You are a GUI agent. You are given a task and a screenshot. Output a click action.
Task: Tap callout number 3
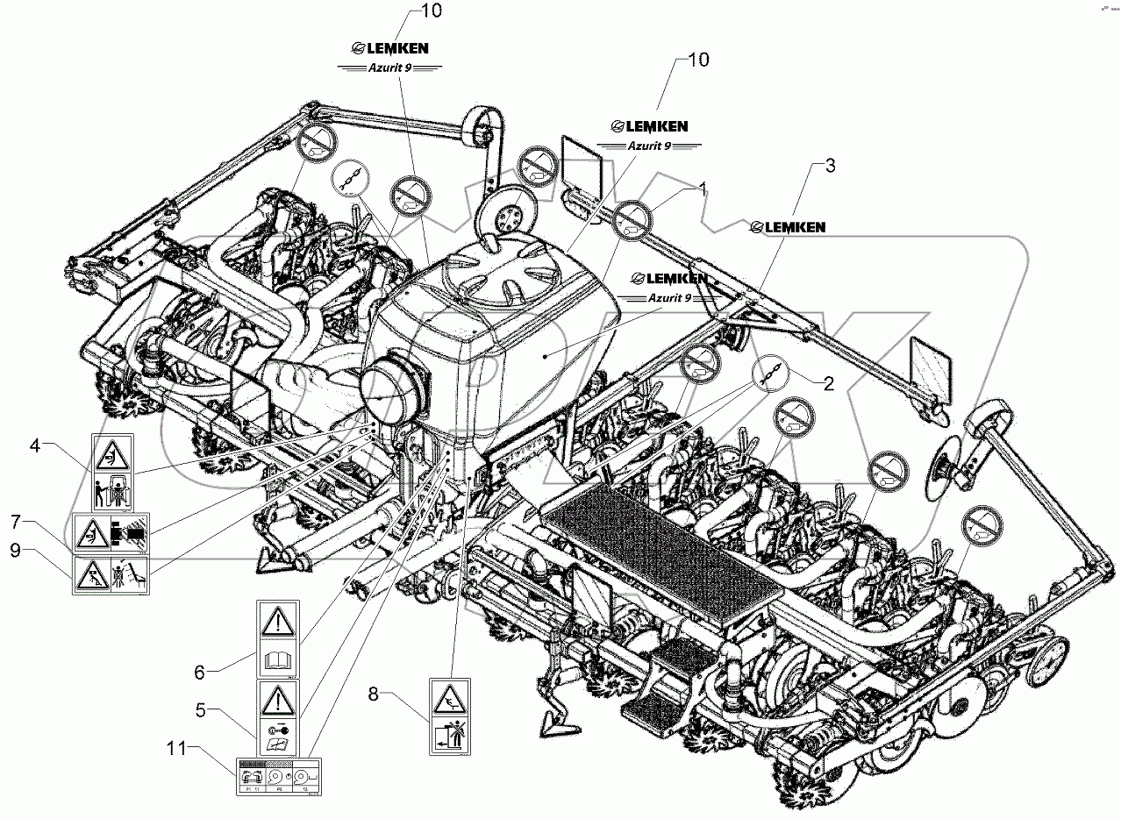click(x=831, y=164)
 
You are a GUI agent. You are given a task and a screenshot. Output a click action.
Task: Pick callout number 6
click(x=200, y=672)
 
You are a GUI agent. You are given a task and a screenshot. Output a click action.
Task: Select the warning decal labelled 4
click(x=111, y=472)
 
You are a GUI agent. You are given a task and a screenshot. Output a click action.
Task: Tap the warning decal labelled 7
click(x=111, y=533)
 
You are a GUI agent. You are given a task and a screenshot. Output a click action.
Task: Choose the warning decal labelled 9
click(x=111, y=575)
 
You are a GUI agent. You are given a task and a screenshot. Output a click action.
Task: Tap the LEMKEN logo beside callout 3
click(x=788, y=227)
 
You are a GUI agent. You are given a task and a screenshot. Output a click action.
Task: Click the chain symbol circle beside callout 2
click(x=768, y=374)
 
